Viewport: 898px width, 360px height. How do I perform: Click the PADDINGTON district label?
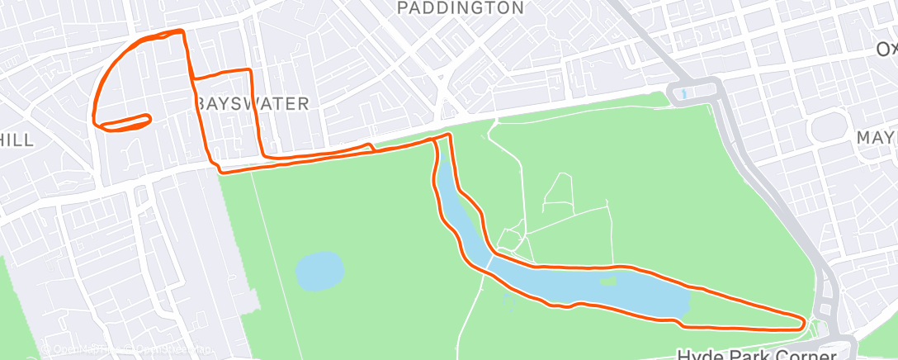[x=460, y=8]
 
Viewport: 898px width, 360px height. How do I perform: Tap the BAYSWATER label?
[x=253, y=104]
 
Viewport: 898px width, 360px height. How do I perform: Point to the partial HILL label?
[x=17, y=140]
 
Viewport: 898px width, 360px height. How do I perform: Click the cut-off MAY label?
[x=877, y=137]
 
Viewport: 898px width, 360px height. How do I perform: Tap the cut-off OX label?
[x=886, y=50]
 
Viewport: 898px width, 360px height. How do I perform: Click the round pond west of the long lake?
[x=319, y=272]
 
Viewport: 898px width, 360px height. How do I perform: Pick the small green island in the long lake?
[x=609, y=281]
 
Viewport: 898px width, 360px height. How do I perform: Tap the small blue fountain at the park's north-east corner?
[x=683, y=93]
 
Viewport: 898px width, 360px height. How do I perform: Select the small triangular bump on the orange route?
[x=371, y=147]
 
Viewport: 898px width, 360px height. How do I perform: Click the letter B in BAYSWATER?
[x=202, y=104]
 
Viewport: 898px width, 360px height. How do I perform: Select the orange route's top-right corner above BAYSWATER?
[x=248, y=71]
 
